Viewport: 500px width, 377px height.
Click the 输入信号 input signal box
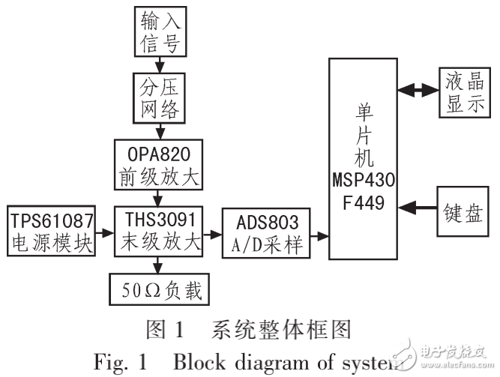pyautogui.click(x=158, y=31)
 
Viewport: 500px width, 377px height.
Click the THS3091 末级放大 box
pyautogui.click(x=158, y=232)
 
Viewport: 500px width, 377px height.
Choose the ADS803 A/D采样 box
pyautogui.click(x=264, y=234)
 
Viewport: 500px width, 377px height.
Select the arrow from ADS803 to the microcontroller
pyautogui.click(x=318, y=235)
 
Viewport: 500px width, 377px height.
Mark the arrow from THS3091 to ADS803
pyautogui.click(x=211, y=234)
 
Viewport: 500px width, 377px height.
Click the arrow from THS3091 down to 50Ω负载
pyautogui.click(x=157, y=265)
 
